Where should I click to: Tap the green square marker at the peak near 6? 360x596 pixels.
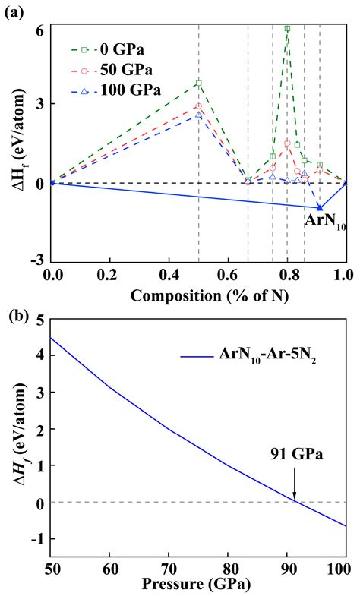point(287,29)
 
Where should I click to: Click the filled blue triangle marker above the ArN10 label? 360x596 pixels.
point(320,207)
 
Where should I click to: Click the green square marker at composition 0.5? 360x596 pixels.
point(198,83)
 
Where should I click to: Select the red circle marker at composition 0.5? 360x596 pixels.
point(198,106)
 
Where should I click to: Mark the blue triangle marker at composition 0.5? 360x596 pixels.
point(198,115)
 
